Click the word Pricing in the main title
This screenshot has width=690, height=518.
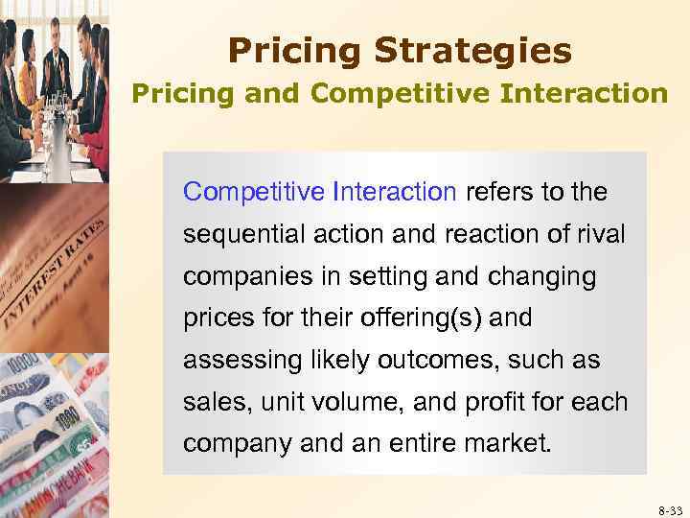(289, 50)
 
